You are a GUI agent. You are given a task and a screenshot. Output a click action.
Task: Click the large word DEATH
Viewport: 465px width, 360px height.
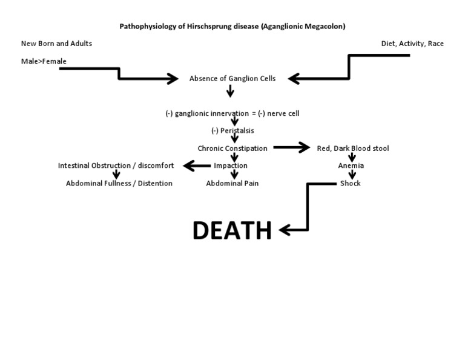[x=232, y=230]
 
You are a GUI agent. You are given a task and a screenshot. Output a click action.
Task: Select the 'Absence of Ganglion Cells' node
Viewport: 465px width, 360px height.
[x=232, y=78]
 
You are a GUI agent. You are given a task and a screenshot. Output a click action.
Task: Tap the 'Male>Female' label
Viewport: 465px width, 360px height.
[x=44, y=61]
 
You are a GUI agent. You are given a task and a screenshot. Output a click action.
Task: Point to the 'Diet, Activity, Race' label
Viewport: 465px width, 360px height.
[x=412, y=44]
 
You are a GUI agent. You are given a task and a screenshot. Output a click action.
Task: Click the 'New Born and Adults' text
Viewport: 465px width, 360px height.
[x=56, y=44]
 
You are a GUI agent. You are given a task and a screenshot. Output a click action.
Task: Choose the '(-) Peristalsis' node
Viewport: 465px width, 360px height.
[x=232, y=130]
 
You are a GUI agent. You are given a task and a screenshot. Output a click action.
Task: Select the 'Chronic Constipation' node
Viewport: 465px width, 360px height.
[x=232, y=148]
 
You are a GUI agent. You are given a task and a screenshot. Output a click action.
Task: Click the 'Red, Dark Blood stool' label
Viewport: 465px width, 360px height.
[x=353, y=148]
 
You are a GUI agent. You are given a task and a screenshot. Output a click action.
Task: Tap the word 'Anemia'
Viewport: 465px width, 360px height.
[x=351, y=165]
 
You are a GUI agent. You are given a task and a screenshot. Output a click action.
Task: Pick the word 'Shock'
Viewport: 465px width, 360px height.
[x=350, y=183]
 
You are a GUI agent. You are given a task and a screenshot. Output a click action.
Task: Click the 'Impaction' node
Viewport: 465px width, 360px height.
[x=231, y=165]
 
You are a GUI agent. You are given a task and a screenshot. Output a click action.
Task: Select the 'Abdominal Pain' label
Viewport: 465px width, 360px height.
[x=232, y=183]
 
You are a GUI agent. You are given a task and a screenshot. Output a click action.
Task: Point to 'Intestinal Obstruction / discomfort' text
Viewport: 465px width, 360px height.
[x=116, y=165]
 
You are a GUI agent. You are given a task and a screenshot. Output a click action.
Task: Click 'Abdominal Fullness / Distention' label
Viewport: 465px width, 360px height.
[x=119, y=183]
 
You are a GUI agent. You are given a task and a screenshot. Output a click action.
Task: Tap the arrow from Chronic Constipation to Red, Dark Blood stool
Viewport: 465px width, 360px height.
[x=291, y=148]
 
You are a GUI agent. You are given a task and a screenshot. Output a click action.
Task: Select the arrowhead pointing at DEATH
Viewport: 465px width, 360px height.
[x=285, y=230]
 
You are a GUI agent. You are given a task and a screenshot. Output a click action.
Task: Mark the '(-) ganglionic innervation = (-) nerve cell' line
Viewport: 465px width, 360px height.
[x=232, y=113]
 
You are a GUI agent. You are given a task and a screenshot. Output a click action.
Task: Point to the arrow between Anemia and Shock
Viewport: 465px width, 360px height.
[x=352, y=175]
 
